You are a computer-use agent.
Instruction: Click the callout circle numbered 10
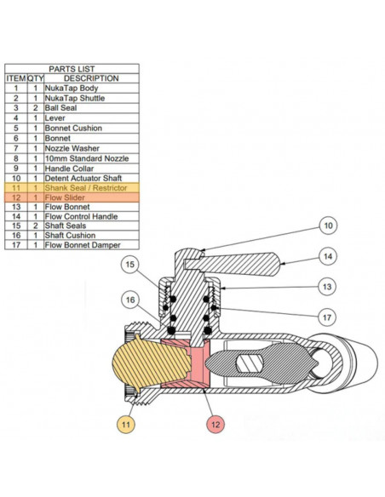pos(328,226)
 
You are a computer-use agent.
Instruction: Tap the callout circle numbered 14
pos(328,256)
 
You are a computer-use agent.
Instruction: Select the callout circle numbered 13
pos(327,287)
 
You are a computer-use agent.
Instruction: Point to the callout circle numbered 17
pos(327,317)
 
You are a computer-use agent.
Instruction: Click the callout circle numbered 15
pos(130,265)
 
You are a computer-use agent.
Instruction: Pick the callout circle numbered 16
pos(130,300)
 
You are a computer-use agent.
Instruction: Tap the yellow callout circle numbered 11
pos(126,425)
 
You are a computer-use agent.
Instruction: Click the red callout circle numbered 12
pos(215,425)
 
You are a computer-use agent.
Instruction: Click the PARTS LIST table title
pos(72,69)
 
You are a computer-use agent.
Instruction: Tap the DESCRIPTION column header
pos(91,78)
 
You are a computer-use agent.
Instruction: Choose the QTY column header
pos(36,78)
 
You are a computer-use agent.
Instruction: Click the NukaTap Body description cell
pos(91,89)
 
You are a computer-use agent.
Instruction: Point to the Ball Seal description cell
pos(91,108)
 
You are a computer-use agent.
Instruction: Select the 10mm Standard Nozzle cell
pos(91,158)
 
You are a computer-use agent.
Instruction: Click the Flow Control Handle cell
pos(91,217)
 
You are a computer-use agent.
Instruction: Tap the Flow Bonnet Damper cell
pos(91,245)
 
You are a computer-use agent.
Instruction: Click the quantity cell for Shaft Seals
pos(36,226)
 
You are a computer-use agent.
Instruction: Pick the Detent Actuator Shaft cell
pos(91,178)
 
